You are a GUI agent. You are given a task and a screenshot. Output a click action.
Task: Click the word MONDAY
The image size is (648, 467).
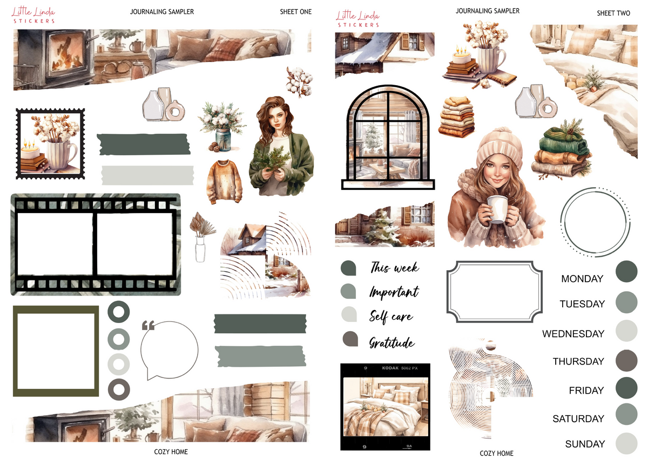[582, 279]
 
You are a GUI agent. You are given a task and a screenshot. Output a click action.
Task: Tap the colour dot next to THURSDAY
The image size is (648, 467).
[626, 360]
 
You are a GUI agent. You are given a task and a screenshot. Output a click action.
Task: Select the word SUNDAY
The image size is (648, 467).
[585, 444]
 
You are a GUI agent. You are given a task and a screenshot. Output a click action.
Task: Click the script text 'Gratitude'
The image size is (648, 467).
[392, 343]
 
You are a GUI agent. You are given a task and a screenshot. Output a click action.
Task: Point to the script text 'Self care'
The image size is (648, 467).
[391, 317]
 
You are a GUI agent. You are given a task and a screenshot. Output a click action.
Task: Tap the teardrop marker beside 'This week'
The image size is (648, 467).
[348, 268]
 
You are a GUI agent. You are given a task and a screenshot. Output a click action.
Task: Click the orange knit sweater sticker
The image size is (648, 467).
[224, 182]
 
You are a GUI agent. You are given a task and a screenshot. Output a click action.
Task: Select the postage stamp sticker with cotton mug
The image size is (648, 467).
[50, 144]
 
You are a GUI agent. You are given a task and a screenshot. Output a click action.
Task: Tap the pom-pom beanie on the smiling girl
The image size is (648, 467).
[499, 147]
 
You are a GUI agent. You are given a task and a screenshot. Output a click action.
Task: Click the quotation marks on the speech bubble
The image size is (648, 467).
[148, 325]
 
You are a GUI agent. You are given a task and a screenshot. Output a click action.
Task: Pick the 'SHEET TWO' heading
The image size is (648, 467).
[613, 13]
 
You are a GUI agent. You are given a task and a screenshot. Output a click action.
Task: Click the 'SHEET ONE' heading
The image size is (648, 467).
[296, 12]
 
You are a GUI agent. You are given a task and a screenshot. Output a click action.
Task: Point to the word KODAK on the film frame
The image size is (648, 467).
[390, 368]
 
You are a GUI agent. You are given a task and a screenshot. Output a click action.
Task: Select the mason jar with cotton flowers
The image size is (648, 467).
[222, 127]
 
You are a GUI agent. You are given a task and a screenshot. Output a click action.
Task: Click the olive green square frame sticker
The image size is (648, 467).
[56, 351]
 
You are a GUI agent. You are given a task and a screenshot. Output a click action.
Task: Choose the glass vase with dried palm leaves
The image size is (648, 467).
[201, 237]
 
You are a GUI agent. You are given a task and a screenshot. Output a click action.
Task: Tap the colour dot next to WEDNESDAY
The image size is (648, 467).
[626, 331]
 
